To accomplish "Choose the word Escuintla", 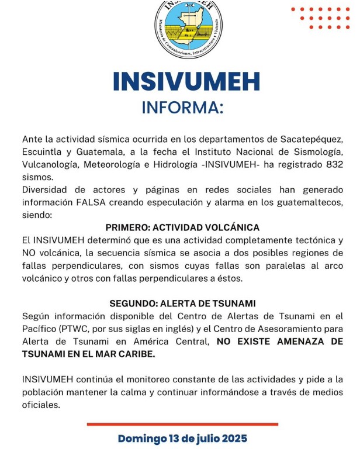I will (x=42, y=153).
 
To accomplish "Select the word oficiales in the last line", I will (x=41, y=405).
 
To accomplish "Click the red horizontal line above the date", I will (x=182, y=424).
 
